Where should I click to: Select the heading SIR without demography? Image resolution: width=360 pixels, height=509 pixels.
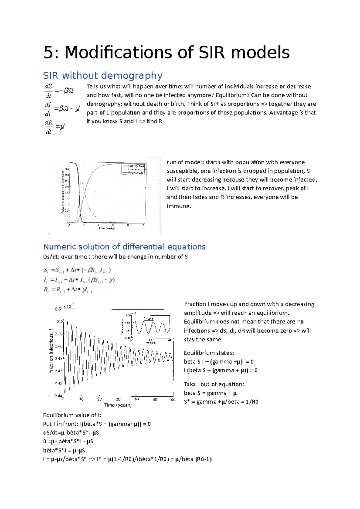coord(103,75)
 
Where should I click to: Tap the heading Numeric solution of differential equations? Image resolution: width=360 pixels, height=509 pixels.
coord(124,247)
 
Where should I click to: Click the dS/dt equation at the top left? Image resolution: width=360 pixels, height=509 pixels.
coord(59,91)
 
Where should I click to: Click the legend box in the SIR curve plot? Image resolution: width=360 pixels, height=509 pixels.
coord(133,169)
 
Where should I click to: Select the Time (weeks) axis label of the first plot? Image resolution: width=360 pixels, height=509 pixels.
coord(107,228)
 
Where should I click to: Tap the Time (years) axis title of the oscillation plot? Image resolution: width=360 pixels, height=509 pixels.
coord(118,405)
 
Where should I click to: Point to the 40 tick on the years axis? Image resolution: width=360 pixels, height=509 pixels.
coord(136,399)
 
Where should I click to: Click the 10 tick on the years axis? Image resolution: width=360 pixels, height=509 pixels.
coord(81,399)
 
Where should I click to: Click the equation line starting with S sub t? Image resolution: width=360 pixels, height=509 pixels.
coord(77,270)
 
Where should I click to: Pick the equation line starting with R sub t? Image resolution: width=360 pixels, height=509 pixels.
coord(68,290)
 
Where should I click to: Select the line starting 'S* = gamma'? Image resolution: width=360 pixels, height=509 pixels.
coord(221,402)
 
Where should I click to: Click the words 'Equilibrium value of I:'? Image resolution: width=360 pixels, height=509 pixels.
coord(72,415)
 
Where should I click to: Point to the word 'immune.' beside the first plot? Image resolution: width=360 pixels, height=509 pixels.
coord(179,206)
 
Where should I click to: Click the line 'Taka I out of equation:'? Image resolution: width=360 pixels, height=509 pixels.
coord(214,384)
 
